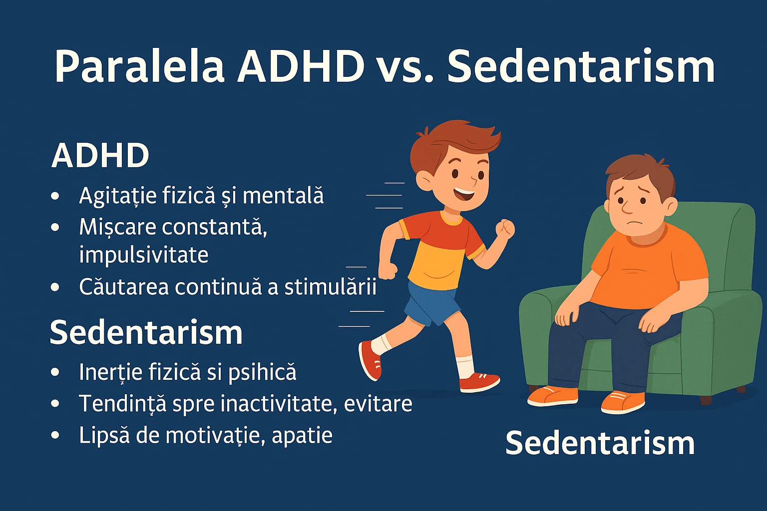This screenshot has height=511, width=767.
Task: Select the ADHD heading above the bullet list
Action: coord(100,155)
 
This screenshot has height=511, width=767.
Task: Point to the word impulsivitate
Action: coord(143,255)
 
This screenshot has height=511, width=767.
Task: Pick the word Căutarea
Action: coord(120,287)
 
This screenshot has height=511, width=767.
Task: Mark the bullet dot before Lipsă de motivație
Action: coord(55,435)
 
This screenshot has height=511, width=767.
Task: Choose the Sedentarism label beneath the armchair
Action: coord(600,443)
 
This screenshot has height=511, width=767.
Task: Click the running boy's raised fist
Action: coord(505,229)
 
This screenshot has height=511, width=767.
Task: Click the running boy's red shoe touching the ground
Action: coord(478,382)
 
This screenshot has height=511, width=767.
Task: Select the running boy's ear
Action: coord(425,178)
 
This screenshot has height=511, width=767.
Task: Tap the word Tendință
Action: coord(122,403)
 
